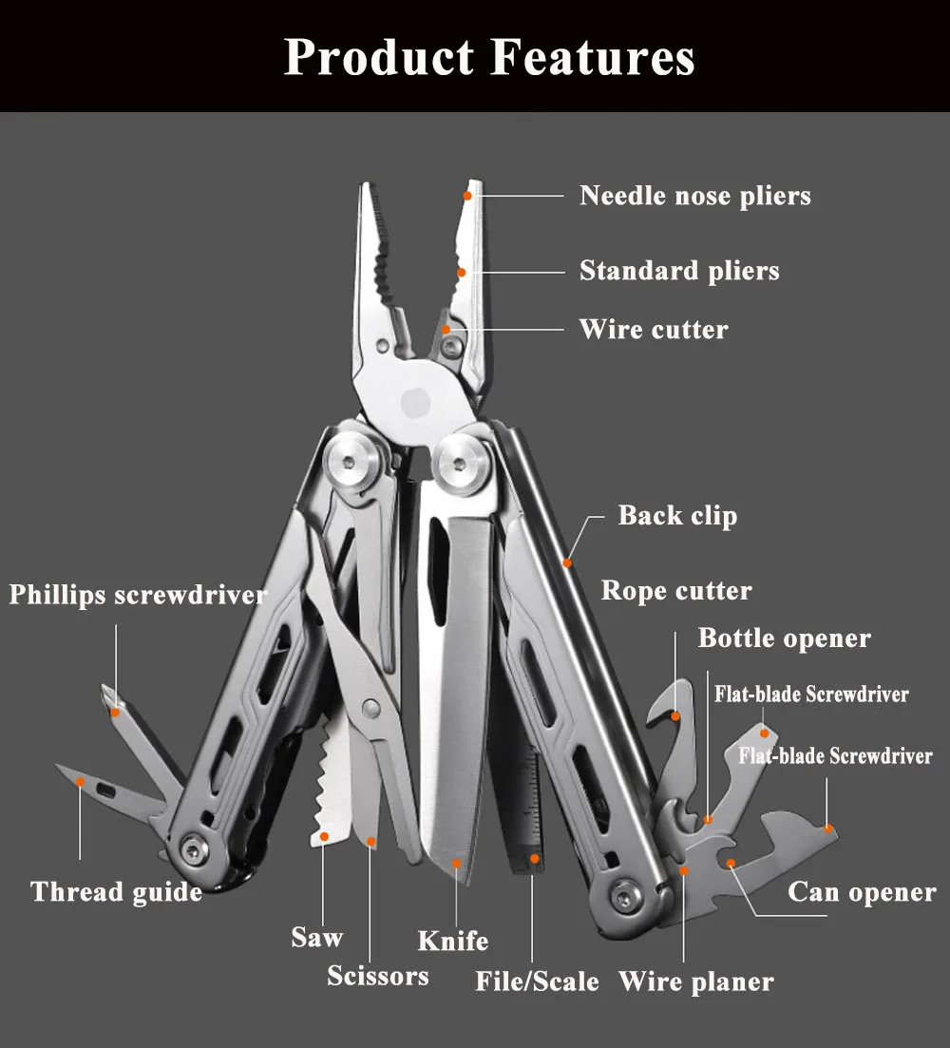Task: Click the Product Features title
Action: (489, 57)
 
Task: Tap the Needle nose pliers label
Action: (695, 196)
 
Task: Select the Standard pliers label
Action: (679, 271)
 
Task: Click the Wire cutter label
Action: (654, 330)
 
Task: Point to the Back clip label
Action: (677, 516)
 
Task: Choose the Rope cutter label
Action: (676, 591)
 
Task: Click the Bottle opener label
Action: (784, 638)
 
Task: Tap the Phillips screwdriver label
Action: (138, 596)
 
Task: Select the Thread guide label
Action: (116, 892)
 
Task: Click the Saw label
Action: (316, 937)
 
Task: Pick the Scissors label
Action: (378, 975)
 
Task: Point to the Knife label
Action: (453, 941)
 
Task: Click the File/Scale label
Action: (537, 981)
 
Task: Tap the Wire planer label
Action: (696, 981)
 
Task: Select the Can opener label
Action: (862, 892)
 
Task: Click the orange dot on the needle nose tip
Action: (467, 196)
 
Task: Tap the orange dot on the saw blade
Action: (325, 836)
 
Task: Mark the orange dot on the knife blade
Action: (457, 863)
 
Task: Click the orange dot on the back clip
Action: (567, 562)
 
